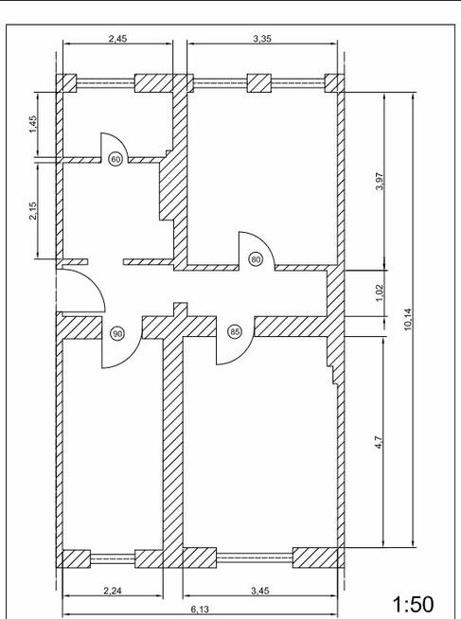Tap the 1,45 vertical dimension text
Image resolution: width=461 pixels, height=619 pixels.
click(32, 124)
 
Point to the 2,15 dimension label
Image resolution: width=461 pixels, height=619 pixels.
click(32, 210)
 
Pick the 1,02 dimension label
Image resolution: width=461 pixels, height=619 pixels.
click(379, 293)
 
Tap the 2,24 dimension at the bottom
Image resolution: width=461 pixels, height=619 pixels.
click(112, 591)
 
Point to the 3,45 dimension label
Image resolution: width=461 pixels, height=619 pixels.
click(260, 591)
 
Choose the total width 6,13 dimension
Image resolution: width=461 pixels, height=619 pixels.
click(200, 610)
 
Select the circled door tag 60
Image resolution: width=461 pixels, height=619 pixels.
click(115, 160)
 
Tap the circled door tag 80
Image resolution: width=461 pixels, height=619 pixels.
click(255, 257)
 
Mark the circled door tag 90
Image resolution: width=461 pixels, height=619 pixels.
click(117, 333)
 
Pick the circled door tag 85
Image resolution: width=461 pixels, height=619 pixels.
click(235, 332)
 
